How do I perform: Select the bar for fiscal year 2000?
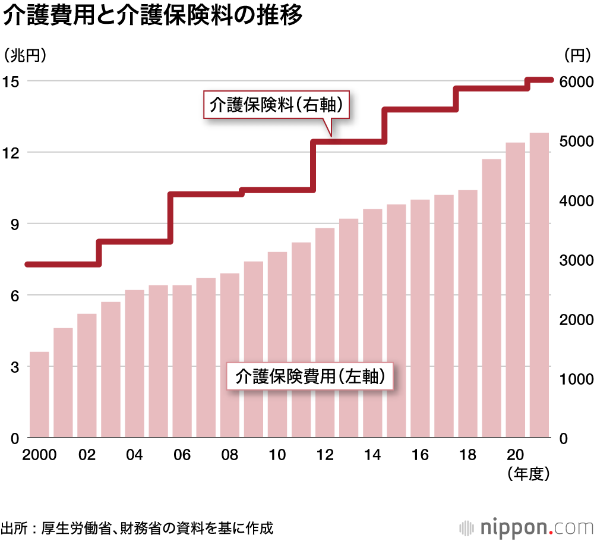point(39,395)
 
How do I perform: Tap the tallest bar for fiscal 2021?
point(539,285)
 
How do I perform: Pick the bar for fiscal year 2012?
point(325,333)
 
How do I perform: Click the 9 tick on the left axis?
point(14,224)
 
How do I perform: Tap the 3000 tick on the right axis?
point(576,260)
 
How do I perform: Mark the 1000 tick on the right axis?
point(576,379)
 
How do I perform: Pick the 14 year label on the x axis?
point(372,455)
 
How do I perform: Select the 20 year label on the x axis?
point(515,455)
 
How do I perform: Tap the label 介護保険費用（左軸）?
point(311,376)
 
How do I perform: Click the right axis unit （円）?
point(575,55)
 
